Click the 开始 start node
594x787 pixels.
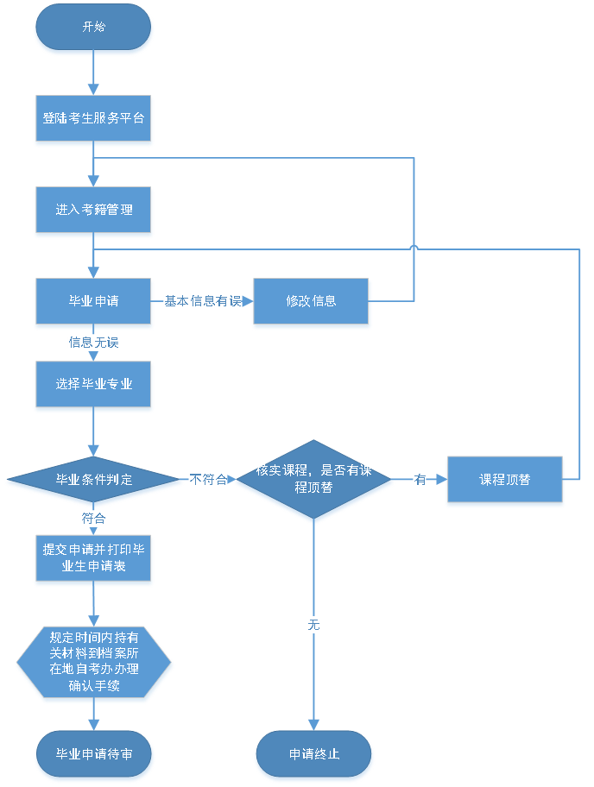tap(93, 27)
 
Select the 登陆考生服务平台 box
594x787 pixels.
tap(93, 117)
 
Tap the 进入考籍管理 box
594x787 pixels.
tap(93, 210)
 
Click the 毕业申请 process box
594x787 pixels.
tap(93, 301)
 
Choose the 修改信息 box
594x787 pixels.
tap(311, 301)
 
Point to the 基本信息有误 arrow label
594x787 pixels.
tap(203, 301)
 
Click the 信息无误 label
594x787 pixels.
tap(93, 343)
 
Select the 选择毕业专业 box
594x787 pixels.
tap(93, 384)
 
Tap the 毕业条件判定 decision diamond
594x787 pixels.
tap(93, 479)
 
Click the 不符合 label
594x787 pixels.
tap(208, 479)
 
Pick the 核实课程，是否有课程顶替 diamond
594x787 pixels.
tap(313, 479)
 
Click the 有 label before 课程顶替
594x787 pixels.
tap(420, 480)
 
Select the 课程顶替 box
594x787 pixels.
tap(505, 479)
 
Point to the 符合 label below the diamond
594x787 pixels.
tap(93, 519)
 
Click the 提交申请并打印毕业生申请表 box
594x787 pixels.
tap(93, 557)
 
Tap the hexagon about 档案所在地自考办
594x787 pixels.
tap(93, 662)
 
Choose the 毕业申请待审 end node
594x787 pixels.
tap(93, 754)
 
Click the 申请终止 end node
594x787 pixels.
tap(313, 754)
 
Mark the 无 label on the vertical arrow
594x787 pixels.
tap(313, 624)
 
